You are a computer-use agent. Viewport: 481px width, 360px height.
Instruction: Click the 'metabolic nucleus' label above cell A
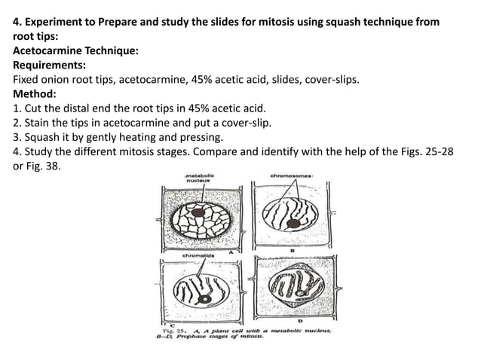(200, 178)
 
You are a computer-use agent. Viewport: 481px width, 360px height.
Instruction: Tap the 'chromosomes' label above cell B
(291, 176)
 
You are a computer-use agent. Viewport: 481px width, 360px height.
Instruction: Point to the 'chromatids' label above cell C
(198, 255)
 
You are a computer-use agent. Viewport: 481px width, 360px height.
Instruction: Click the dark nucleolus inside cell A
(198, 212)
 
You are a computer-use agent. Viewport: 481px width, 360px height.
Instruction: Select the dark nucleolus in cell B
(293, 224)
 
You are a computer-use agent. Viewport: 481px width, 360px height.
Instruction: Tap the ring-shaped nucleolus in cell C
(204, 299)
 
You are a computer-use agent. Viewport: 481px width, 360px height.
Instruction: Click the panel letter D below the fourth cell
(300, 321)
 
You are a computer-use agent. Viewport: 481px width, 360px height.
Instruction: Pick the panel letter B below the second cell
(293, 250)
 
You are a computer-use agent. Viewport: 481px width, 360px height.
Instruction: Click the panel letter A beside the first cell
(231, 252)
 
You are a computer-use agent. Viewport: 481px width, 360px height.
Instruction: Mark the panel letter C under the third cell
(173, 325)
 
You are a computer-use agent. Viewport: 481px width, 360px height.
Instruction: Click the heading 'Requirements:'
(50, 65)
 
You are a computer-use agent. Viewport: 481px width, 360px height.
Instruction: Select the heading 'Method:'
(35, 93)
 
